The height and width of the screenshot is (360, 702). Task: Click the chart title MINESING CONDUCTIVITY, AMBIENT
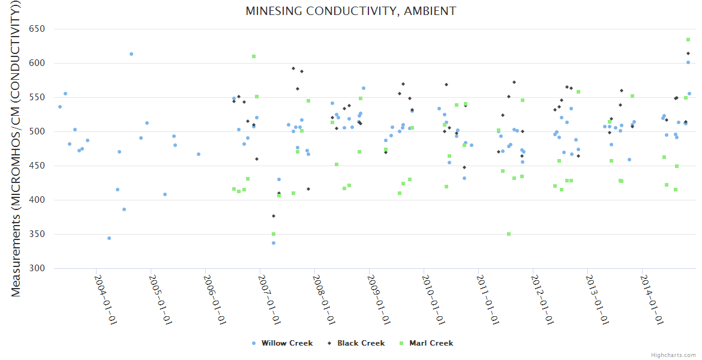(350, 11)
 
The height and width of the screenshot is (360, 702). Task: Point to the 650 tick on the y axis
(37, 29)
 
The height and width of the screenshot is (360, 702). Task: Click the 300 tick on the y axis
(37, 268)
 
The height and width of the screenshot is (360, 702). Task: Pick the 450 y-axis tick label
(37, 166)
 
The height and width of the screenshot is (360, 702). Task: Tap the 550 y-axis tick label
(37, 97)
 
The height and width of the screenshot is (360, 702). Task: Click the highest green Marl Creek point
(688, 40)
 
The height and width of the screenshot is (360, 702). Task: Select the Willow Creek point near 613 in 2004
(131, 54)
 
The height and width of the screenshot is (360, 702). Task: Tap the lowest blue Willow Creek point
(274, 243)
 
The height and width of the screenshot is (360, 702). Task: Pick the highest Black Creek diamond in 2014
(688, 53)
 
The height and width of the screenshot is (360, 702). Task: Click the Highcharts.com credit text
(673, 355)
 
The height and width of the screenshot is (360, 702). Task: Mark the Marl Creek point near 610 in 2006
(254, 56)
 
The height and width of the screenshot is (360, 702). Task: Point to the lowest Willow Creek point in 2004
(109, 238)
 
